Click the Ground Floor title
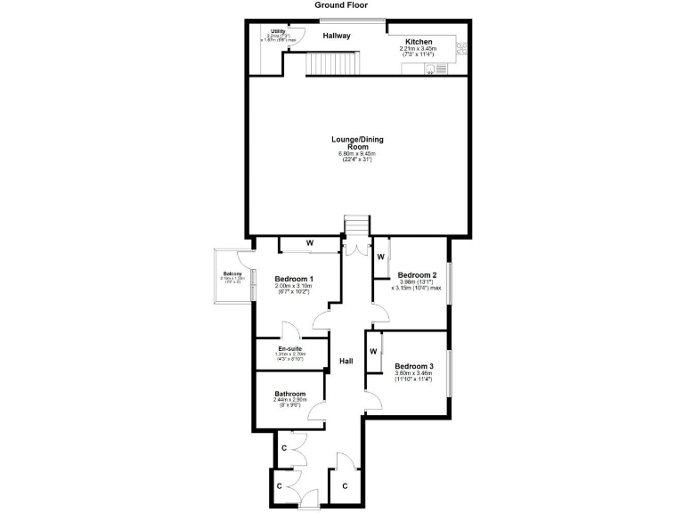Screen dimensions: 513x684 [341, 4]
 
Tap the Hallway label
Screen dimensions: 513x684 [337, 36]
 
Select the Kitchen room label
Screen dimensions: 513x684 [419, 42]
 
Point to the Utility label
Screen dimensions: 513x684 [278, 31]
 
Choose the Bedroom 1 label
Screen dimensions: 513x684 [293, 278]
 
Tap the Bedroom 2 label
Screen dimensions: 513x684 [417, 275]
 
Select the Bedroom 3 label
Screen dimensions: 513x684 [413, 366]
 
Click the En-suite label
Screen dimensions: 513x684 [289, 348]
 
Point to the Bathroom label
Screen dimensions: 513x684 [290, 394]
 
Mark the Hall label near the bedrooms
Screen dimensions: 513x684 [346, 362]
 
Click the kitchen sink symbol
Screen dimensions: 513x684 [436, 68]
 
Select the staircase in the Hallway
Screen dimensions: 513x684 [334, 63]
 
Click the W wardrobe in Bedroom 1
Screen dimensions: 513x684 [310, 242]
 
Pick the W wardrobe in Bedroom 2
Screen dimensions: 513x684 [380, 256]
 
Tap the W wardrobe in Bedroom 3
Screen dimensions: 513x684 [374, 351]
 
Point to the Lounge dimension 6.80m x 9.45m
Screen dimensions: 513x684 [354, 155]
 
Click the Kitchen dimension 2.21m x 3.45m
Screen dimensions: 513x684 [419, 49]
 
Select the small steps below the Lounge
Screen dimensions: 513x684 [356, 226]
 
